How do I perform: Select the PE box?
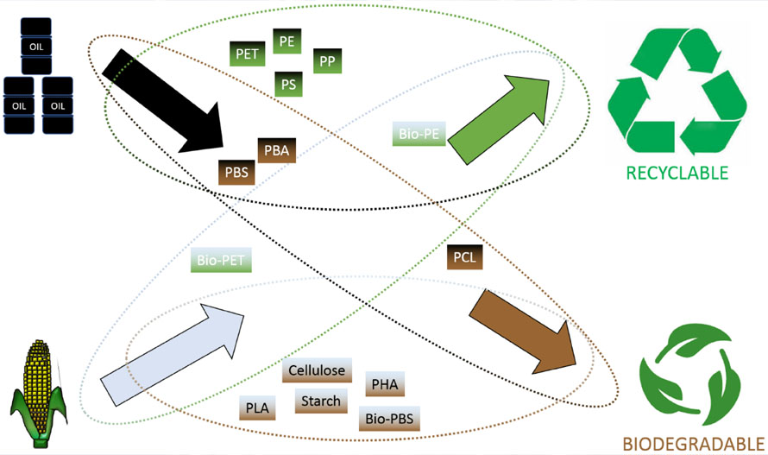coord(286,41)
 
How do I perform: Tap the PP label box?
coord(326,61)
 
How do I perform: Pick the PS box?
coord(286,84)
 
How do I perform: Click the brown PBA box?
coord(276,150)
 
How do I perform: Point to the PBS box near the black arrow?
coord(236,172)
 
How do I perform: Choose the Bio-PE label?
coord(418,135)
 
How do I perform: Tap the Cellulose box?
coord(316,371)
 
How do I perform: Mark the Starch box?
coord(319,401)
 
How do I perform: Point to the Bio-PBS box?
coord(389,420)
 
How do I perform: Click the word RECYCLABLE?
coord(677,173)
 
